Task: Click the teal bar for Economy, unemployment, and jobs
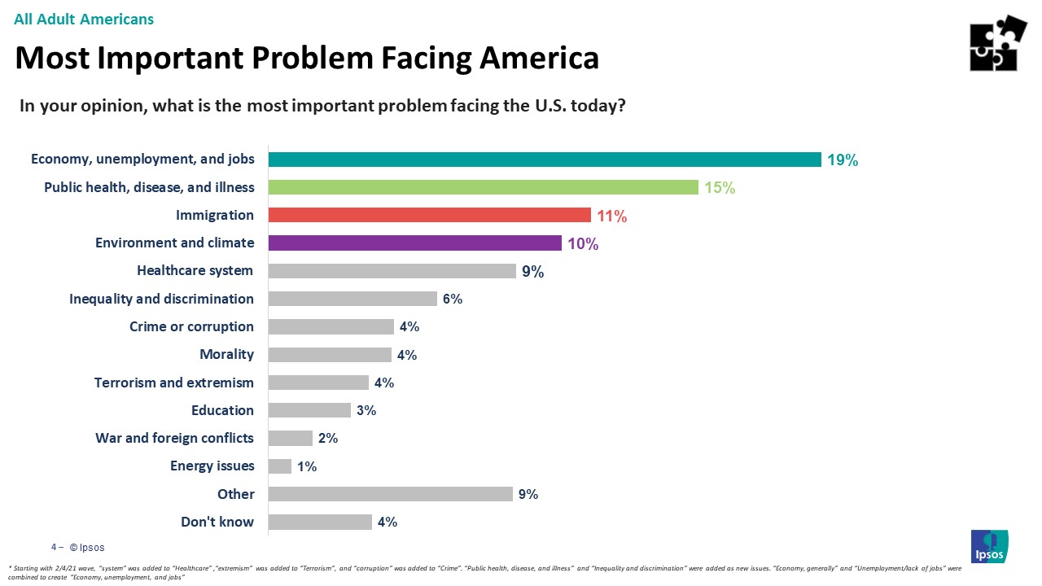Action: tap(544, 160)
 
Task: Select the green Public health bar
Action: tap(483, 187)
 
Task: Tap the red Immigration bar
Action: tap(429, 215)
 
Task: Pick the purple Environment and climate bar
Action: tap(414, 243)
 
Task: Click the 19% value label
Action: tap(843, 160)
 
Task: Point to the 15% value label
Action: tap(720, 188)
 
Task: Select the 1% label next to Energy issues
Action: tap(307, 466)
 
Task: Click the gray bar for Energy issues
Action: tap(279, 466)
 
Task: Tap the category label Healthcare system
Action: tap(195, 270)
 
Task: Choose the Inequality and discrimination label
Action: tap(161, 299)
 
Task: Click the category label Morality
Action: tap(226, 354)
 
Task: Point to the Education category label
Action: tap(222, 410)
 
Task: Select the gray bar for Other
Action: tap(390, 494)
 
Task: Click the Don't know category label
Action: tap(217, 522)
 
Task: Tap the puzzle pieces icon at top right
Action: tap(998, 43)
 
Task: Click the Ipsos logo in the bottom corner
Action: tap(989, 546)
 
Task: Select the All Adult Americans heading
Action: tap(84, 19)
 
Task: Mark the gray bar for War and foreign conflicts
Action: tap(290, 438)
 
